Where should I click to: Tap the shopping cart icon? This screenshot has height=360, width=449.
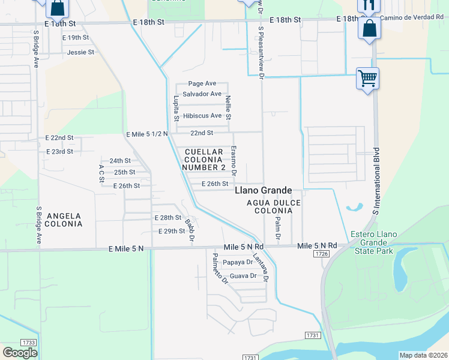pos(367,78)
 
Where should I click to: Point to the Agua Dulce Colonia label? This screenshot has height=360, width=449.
pos(273,207)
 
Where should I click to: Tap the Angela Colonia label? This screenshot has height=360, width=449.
pos(64,220)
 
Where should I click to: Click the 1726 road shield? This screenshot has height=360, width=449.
pos(321,254)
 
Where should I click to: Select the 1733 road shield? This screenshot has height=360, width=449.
pos(28,342)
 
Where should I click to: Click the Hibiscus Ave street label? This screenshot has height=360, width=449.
pos(203,116)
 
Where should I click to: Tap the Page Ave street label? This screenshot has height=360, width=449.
pos(202,84)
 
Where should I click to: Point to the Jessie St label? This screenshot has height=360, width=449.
pos(81,52)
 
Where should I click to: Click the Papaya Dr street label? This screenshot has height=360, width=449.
pos(238,262)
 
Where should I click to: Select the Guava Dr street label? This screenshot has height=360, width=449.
pos(243,276)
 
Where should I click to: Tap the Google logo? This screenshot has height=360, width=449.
pos(20,353)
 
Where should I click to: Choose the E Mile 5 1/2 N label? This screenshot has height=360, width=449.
pos(147,133)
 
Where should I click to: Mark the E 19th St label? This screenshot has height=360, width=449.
pos(76,37)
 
